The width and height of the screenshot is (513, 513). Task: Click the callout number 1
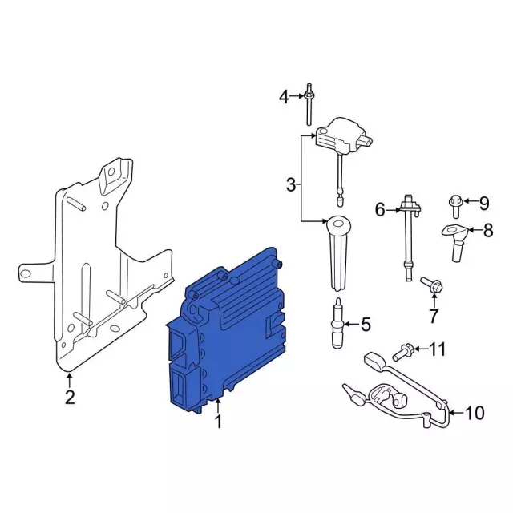218,421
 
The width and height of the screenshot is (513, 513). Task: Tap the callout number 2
70,397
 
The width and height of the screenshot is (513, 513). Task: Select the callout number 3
291,184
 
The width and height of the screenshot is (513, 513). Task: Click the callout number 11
438,349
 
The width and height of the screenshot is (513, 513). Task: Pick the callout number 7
434,316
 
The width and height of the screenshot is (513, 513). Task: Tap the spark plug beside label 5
338,323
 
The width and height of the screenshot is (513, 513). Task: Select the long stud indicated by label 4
309,104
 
